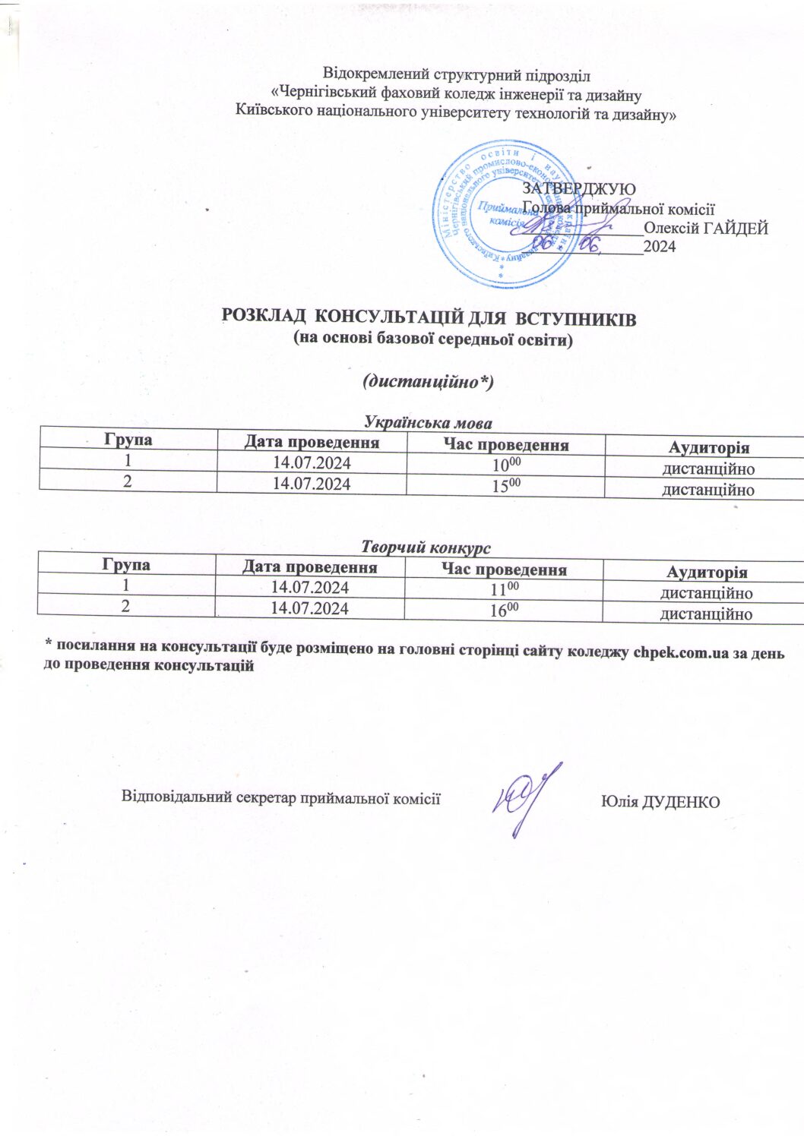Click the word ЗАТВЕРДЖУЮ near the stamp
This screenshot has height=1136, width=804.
click(x=579, y=188)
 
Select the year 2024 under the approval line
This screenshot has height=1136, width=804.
click(x=660, y=246)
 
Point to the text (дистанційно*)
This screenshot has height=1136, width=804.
click(x=429, y=381)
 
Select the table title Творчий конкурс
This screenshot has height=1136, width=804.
click(x=426, y=547)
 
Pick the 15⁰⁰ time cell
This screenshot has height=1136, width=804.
click(x=506, y=485)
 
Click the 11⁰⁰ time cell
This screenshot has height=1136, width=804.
click(x=503, y=589)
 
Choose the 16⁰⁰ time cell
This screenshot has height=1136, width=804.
click(x=503, y=610)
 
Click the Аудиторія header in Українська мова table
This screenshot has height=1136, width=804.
click(x=708, y=448)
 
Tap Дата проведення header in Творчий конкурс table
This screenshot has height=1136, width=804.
click(x=309, y=567)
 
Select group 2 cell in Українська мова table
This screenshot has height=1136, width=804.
click(x=128, y=481)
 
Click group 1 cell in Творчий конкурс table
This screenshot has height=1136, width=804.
click(x=126, y=585)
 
